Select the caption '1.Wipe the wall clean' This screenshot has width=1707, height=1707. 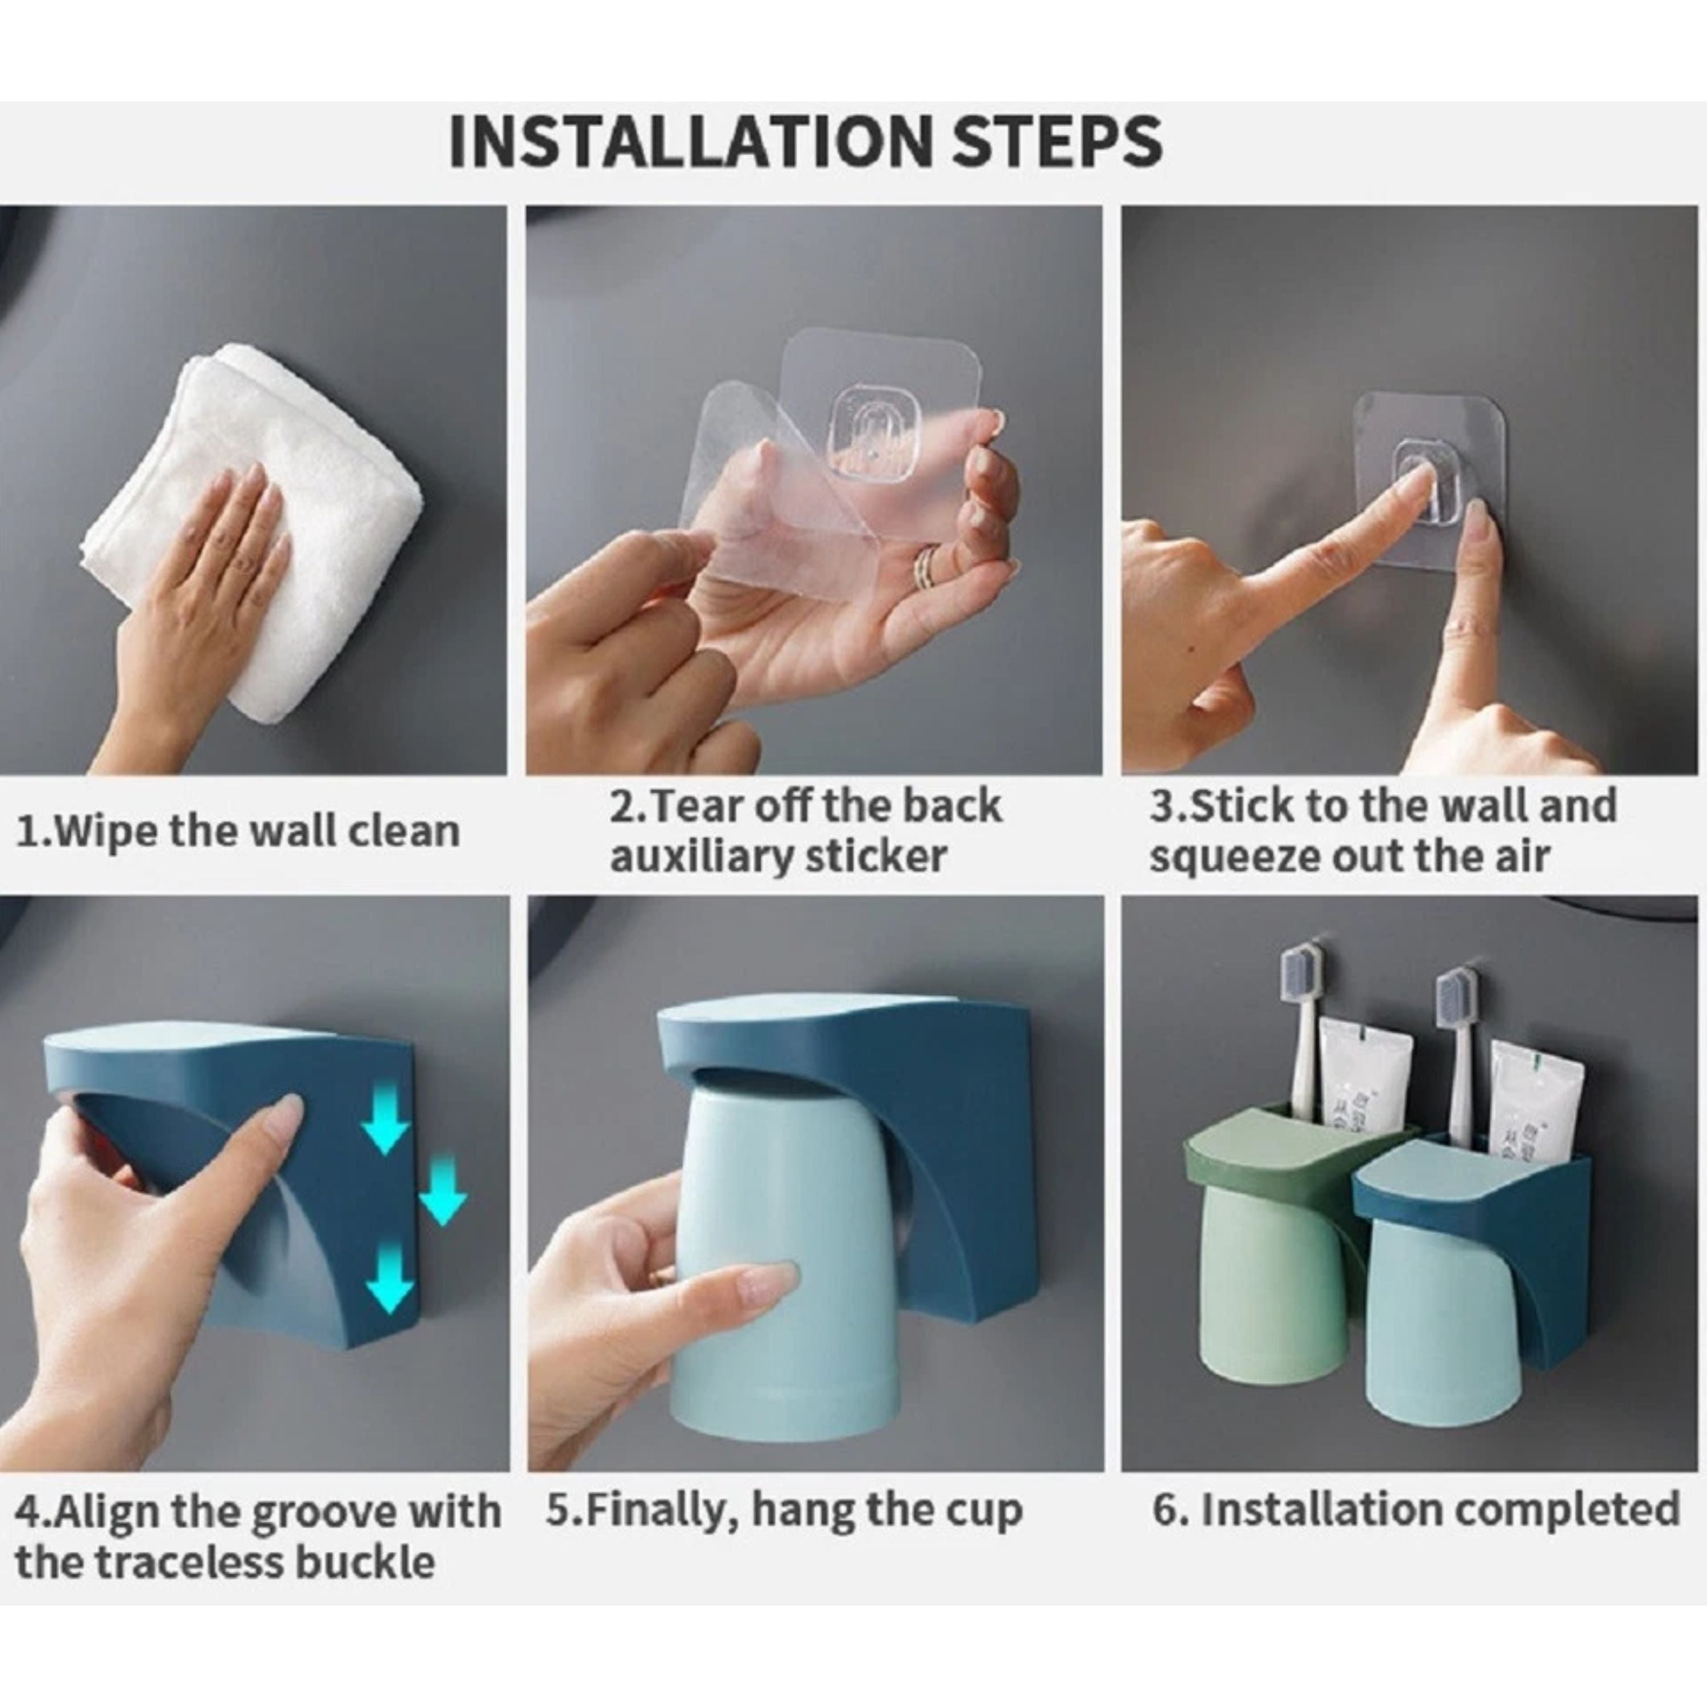238,831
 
